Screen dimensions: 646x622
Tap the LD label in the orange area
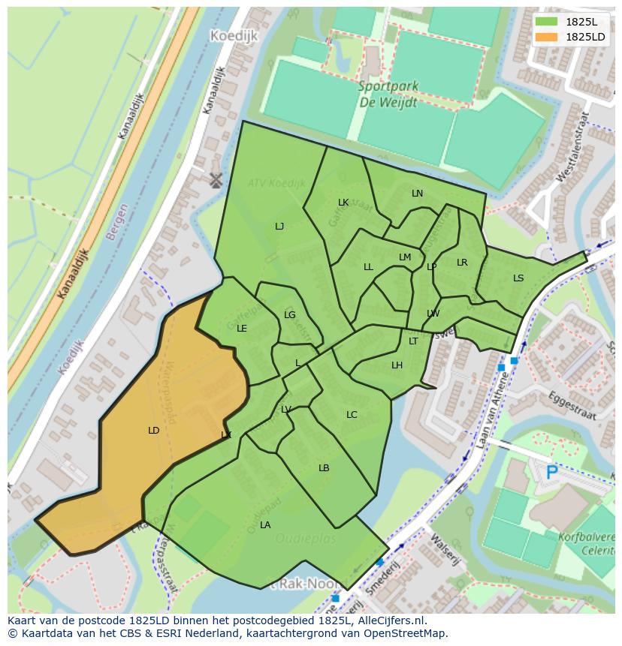click(x=154, y=431)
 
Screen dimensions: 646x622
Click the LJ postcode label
click(x=279, y=227)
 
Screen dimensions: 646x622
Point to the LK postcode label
click(x=343, y=203)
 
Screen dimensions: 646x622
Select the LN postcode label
click(x=418, y=194)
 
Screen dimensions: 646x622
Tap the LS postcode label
click(x=518, y=278)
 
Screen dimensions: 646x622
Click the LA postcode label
click(x=265, y=525)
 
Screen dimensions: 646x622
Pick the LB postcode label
click(x=324, y=468)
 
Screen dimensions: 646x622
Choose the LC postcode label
click(x=352, y=415)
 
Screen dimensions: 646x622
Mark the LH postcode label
click(x=397, y=365)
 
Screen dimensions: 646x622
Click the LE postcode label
click(x=242, y=329)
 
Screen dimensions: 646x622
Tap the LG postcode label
click(x=290, y=315)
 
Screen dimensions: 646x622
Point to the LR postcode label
click(x=462, y=263)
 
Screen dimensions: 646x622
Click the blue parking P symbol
click(x=552, y=473)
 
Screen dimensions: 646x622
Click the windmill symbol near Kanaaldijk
click(x=216, y=179)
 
